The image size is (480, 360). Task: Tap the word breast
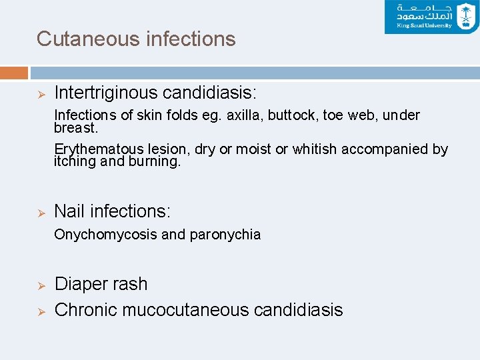75,127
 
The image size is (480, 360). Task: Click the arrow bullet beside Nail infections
41,212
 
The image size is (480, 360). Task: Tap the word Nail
69,211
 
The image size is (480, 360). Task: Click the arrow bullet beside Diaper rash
41,285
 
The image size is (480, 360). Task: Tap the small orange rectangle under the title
14,72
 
